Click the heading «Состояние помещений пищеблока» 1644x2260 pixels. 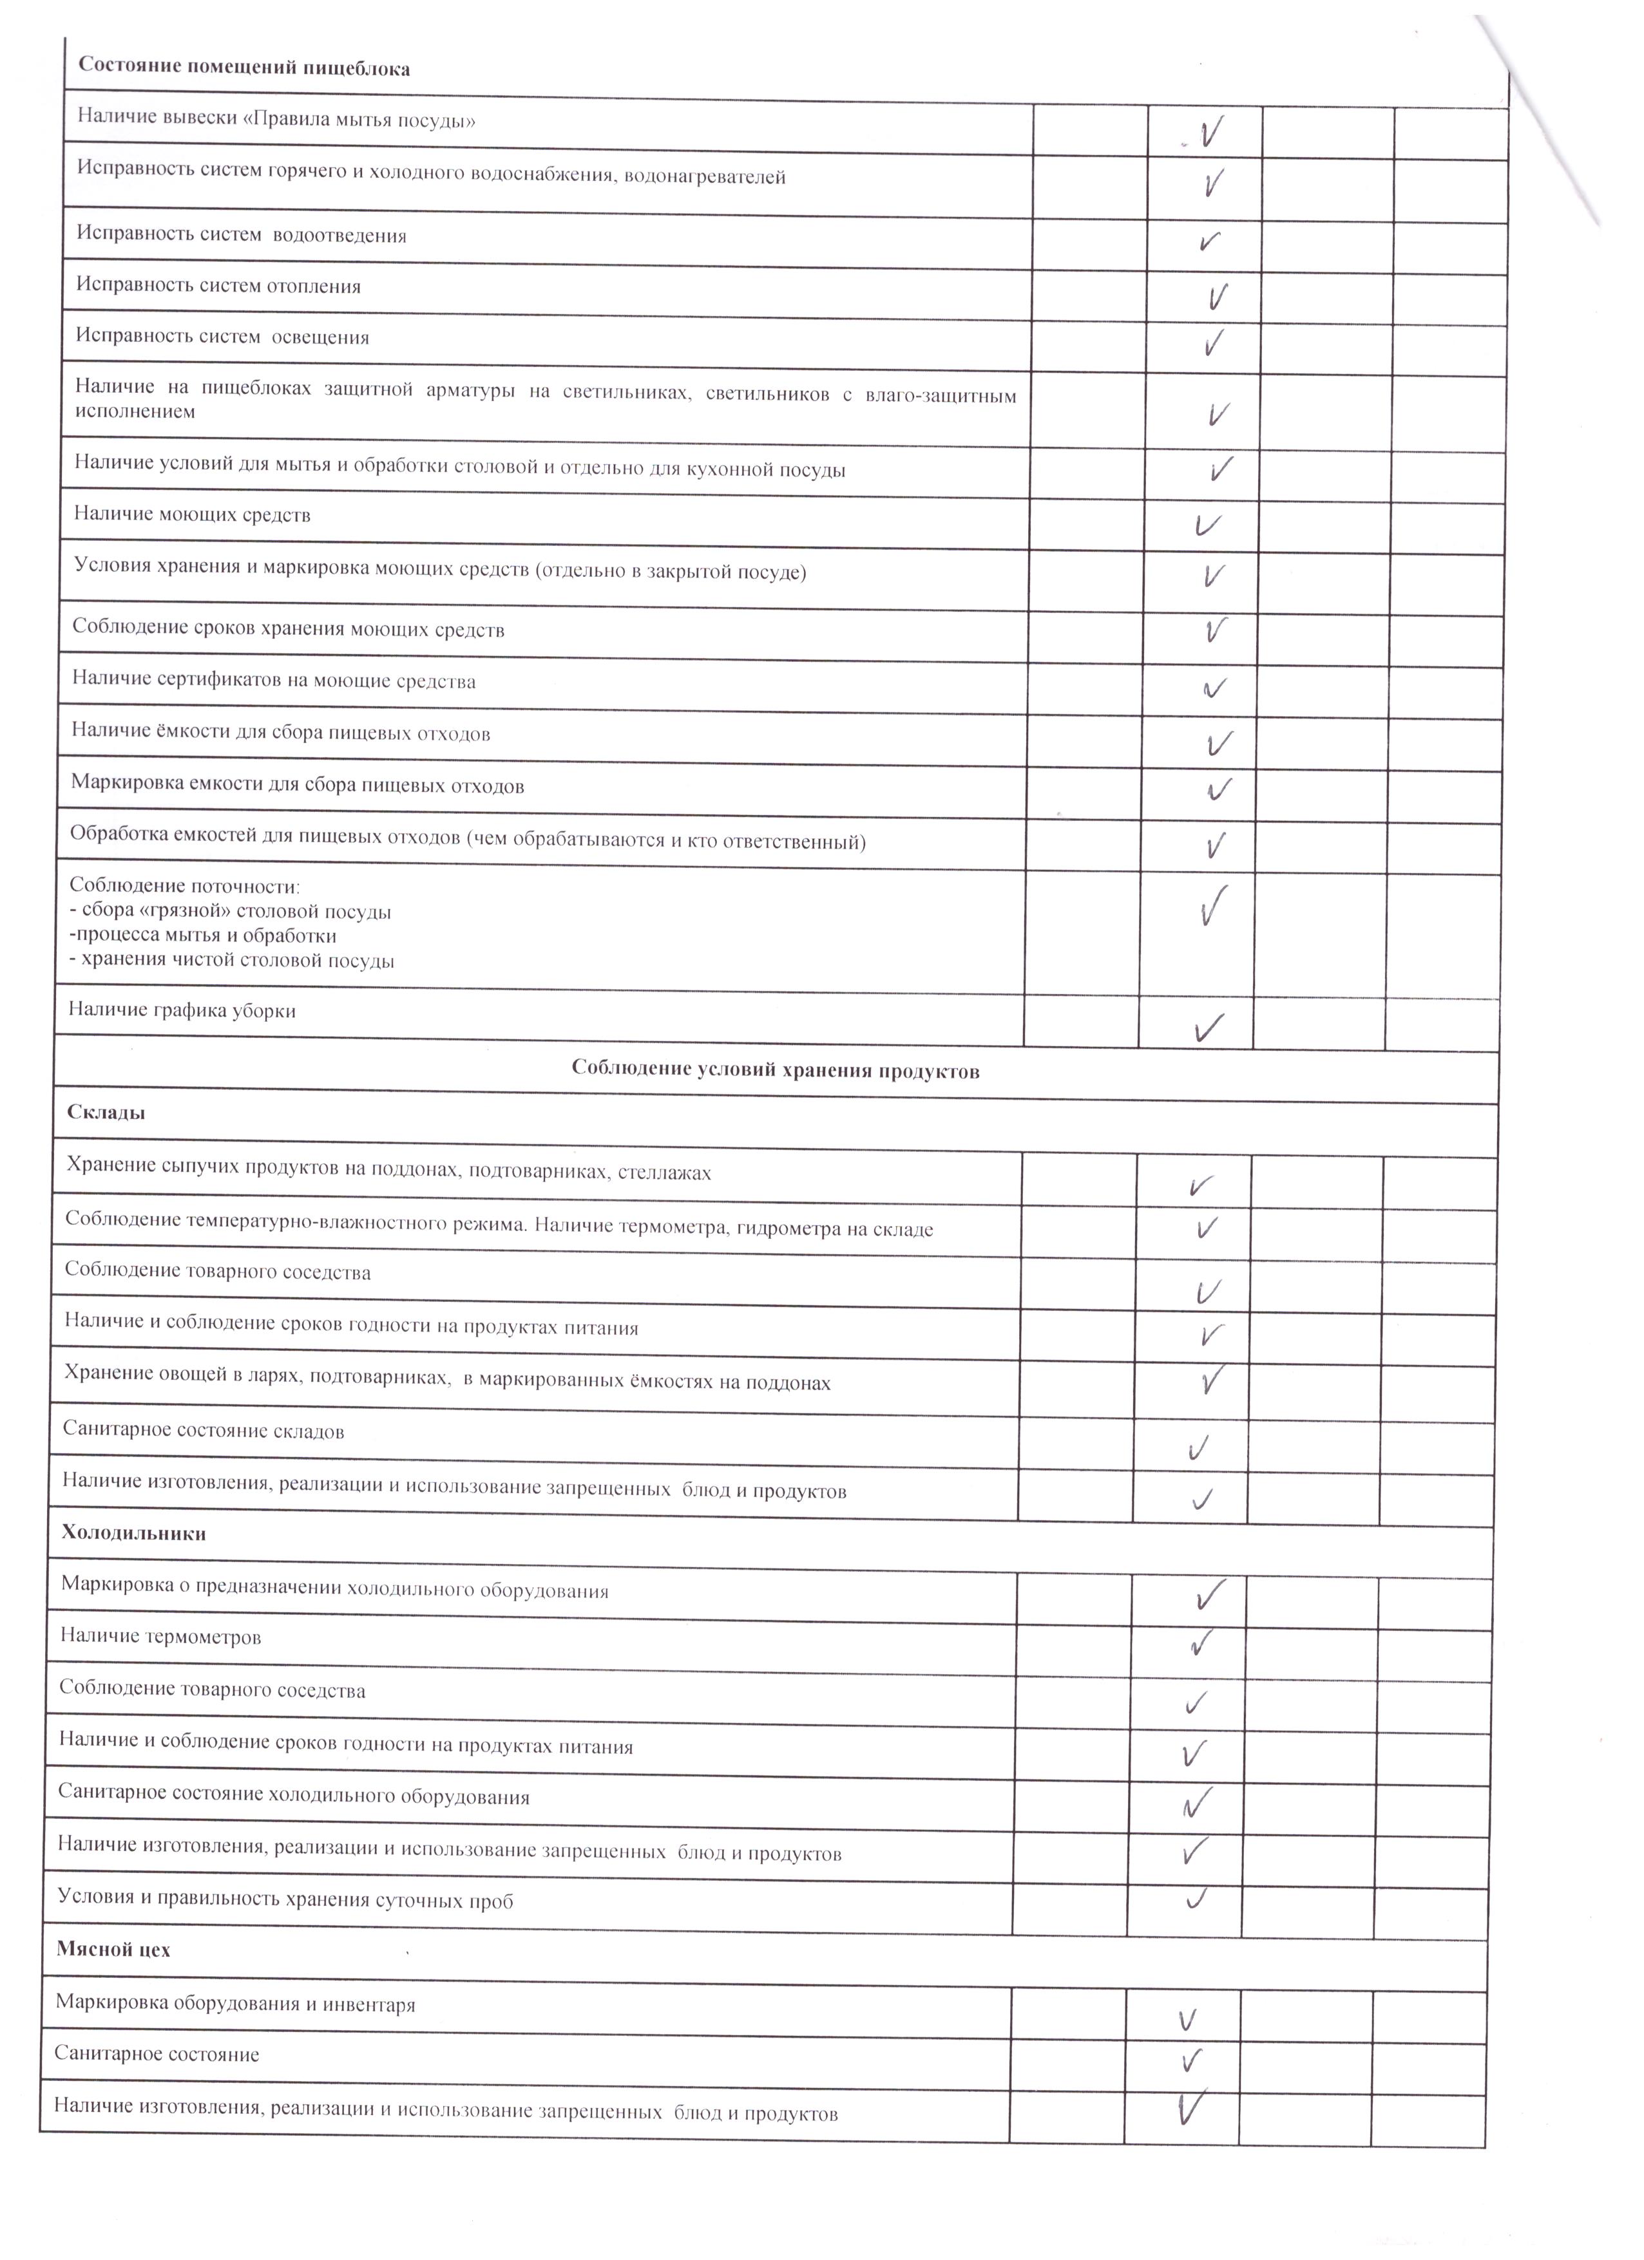pos(244,69)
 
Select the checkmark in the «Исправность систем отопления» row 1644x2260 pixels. pos(1216,296)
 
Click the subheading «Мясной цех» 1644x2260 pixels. pos(113,1949)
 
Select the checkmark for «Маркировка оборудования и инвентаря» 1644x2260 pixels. pos(1187,2019)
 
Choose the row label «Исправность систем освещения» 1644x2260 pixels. pos(222,337)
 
